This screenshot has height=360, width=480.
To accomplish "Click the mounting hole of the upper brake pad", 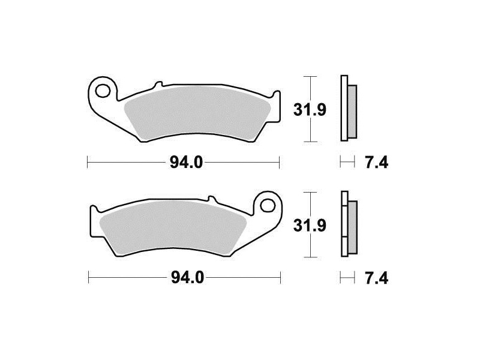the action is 103,91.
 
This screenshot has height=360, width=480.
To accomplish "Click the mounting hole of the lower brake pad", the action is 268,205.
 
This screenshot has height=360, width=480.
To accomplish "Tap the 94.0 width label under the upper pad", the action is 186,162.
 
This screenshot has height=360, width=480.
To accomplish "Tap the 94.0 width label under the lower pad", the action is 187,278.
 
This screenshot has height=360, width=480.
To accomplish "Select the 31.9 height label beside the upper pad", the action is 310,110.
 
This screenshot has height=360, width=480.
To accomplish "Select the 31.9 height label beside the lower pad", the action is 310,226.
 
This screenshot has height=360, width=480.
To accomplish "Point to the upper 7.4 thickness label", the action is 377,162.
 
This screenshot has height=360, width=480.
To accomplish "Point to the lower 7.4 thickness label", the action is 377,278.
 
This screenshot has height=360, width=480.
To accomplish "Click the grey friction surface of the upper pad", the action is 196,114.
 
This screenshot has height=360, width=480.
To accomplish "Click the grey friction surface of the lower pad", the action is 175,229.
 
